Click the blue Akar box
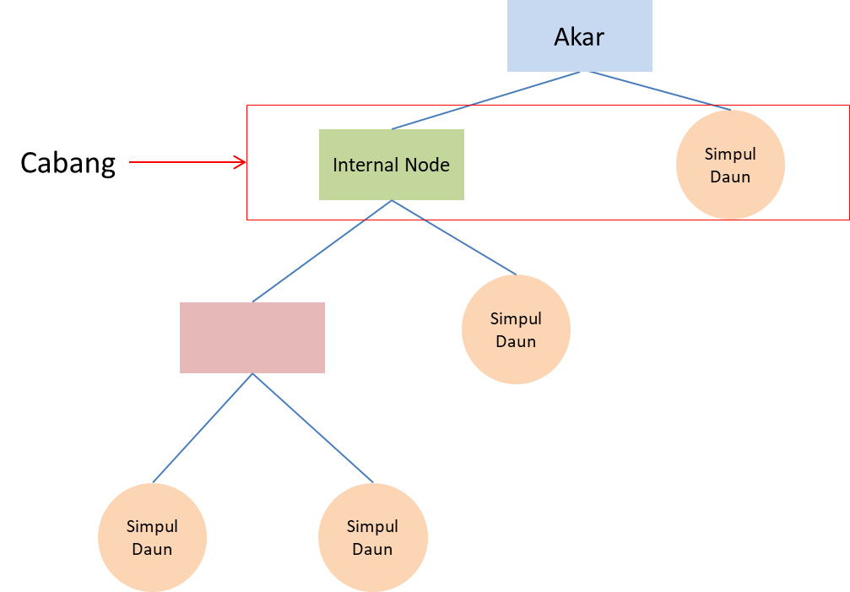(x=579, y=35)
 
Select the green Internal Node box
(x=391, y=165)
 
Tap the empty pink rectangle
(x=252, y=337)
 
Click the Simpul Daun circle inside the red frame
(x=730, y=166)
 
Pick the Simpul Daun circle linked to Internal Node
(x=516, y=329)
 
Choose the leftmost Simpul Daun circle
(x=152, y=537)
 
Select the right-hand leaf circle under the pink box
(x=372, y=537)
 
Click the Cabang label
(x=68, y=163)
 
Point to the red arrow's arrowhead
(x=241, y=163)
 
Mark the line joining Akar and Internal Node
(x=485, y=100)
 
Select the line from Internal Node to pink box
(x=322, y=251)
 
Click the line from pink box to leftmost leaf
(x=203, y=427)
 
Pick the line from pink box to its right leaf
(x=312, y=427)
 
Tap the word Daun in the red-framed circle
(x=730, y=177)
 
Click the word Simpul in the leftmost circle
(x=152, y=526)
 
